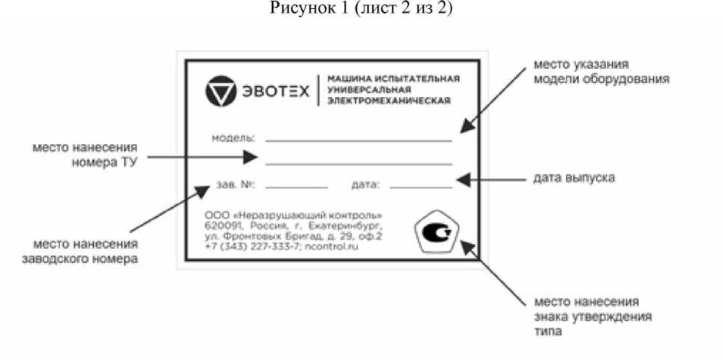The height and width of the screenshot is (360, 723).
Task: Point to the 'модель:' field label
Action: (234, 138)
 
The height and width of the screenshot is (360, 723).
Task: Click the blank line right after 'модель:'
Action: (359, 140)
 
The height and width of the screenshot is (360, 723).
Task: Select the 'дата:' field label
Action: (365, 183)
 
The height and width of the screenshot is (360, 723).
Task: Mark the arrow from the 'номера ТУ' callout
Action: (202, 158)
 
